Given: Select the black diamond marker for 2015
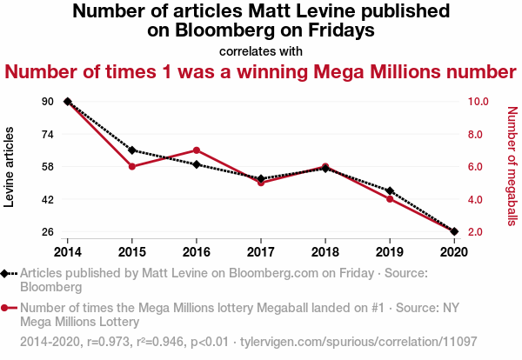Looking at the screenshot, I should [132, 150].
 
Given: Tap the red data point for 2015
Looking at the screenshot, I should [132, 166].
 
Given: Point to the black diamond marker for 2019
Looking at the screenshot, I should [390, 190].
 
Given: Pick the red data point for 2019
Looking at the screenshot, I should [390, 199].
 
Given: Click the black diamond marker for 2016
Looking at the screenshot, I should [197, 164].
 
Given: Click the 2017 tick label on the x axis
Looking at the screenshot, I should [261, 251].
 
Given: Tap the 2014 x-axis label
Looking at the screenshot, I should [67, 251].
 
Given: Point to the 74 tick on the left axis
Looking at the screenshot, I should [47, 134].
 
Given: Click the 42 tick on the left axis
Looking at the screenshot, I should [47, 199].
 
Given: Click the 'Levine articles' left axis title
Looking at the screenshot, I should [10, 166].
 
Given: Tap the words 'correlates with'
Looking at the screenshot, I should [261, 50].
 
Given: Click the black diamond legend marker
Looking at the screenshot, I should [9, 273].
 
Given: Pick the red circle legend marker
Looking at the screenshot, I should [9, 307].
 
